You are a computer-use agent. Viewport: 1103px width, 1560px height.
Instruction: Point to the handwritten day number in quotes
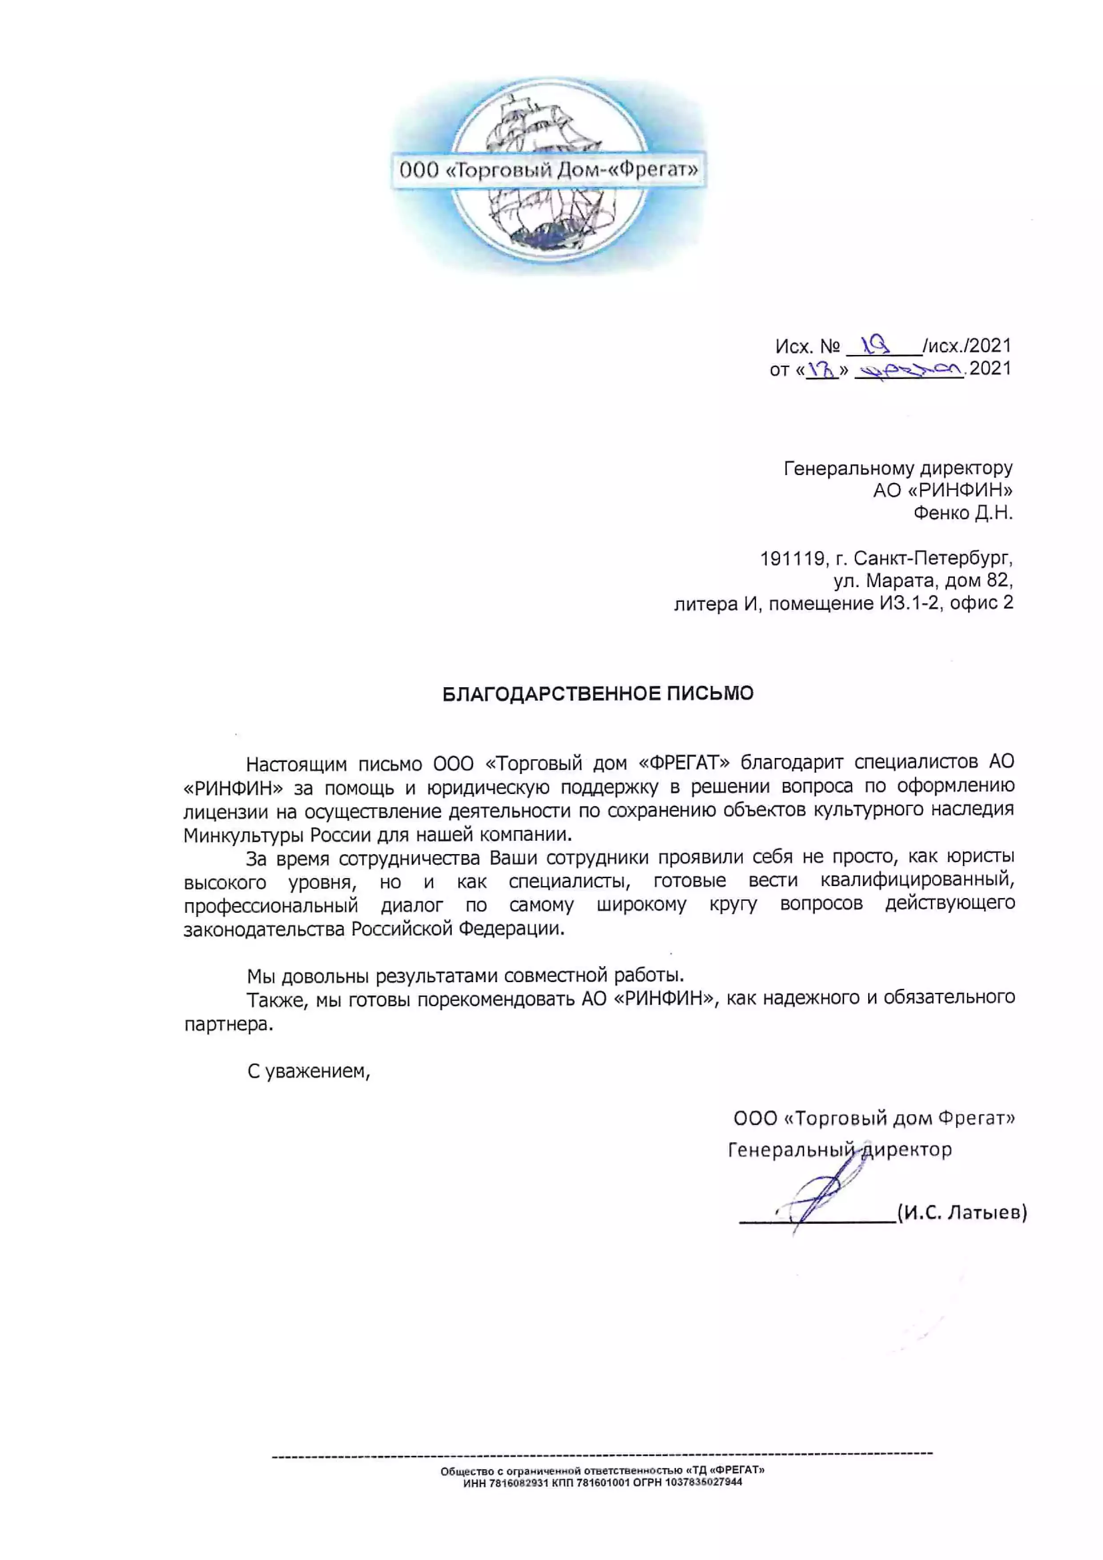coord(822,370)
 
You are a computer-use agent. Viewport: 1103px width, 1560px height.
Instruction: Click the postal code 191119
coord(793,559)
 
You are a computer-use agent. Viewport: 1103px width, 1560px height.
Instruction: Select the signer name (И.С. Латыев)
coord(962,1212)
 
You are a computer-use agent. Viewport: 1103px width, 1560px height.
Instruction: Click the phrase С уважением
coord(308,1072)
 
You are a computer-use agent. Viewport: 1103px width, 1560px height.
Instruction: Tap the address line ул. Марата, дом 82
coord(923,581)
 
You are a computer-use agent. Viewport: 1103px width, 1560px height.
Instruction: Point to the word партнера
coord(228,1024)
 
